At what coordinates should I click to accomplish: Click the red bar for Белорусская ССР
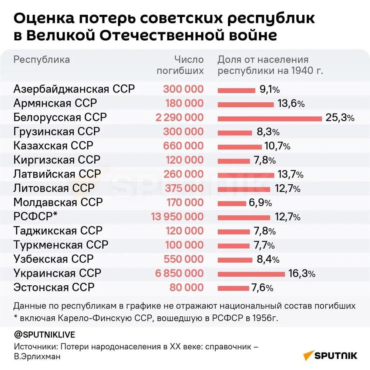click(270, 118)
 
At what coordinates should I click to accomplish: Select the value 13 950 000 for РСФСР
click(177, 216)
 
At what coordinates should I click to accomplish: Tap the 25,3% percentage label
click(340, 118)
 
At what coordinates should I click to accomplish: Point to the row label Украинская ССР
click(57, 273)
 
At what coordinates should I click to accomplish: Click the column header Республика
click(41, 60)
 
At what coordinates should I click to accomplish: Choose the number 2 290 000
click(179, 118)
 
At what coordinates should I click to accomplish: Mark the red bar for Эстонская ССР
click(233, 288)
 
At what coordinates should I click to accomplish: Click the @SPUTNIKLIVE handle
click(44, 334)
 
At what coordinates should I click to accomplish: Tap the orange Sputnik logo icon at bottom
click(308, 356)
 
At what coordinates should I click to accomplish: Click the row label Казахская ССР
click(53, 145)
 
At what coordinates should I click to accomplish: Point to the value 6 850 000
click(179, 273)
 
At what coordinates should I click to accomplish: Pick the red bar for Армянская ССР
click(246, 104)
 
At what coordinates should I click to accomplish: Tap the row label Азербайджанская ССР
click(74, 89)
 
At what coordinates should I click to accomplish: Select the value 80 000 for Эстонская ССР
click(186, 287)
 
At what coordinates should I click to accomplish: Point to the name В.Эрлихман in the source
click(37, 356)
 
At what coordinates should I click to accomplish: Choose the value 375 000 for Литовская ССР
click(183, 188)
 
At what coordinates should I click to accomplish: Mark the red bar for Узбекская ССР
click(235, 260)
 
